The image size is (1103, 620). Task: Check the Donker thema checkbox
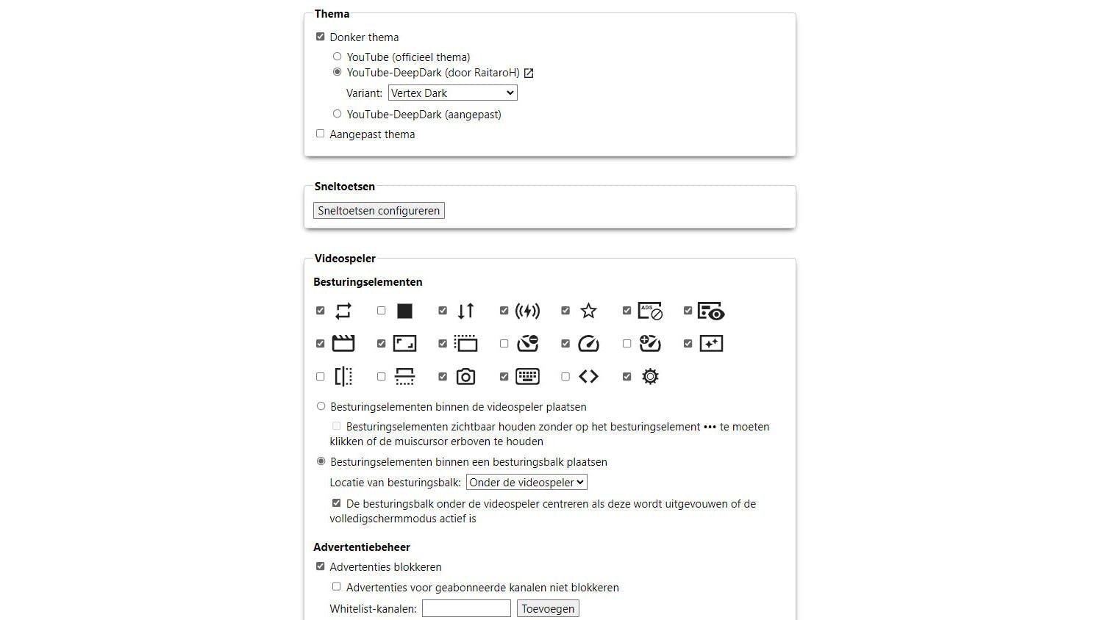point(320,37)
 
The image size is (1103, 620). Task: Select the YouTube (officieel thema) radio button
point(337,57)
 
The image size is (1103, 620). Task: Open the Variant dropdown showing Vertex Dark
point(452,93)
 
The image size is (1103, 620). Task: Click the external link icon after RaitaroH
point(529,73)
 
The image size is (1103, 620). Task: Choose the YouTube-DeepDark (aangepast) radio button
point(337,114)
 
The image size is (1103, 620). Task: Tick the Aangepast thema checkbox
point(320,134)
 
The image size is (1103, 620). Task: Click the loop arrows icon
point(343,311)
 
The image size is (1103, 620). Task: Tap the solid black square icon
point(404,311)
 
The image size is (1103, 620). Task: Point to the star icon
point(588,311)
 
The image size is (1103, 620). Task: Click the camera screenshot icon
point(465,377)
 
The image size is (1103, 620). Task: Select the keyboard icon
point(527,377)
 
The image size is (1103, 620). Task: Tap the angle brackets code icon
point(588,377)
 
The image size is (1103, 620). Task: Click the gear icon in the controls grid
point(650,377)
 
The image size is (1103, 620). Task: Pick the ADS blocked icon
point(650,311)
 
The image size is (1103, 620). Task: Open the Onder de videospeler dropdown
point(526,483)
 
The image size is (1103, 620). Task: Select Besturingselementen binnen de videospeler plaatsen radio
point(321,406)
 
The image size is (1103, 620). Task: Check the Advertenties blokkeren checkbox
point(320,566)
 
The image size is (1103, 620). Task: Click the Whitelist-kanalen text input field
point(466,608)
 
